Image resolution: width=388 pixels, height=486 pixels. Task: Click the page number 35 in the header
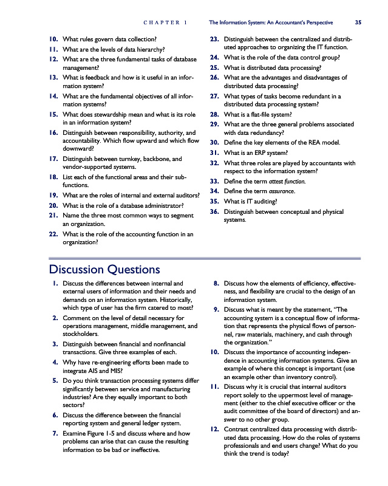[358, 22]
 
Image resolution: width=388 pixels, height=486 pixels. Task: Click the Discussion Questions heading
[104, 269]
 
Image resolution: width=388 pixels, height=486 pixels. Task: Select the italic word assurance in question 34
[279, 191]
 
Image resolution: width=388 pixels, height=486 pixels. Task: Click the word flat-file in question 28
[256, 113]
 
